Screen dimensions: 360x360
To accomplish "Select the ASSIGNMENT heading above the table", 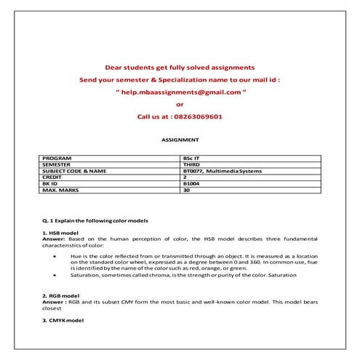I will (180, 139).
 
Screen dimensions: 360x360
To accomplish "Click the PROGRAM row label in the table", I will (57, 158).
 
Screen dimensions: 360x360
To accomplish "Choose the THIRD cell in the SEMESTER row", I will (192, 164).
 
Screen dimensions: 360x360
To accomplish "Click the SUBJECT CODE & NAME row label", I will (75, 171).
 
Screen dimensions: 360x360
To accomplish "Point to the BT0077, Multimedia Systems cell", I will (223, 171).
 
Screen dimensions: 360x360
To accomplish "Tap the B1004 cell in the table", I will (192, 183).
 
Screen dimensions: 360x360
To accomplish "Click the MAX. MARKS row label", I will (61, 190).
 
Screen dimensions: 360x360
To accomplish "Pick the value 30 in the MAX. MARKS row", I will (187, 190).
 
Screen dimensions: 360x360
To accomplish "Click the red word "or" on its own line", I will (180, 104).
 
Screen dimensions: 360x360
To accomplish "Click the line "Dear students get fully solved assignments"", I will (180, 66).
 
